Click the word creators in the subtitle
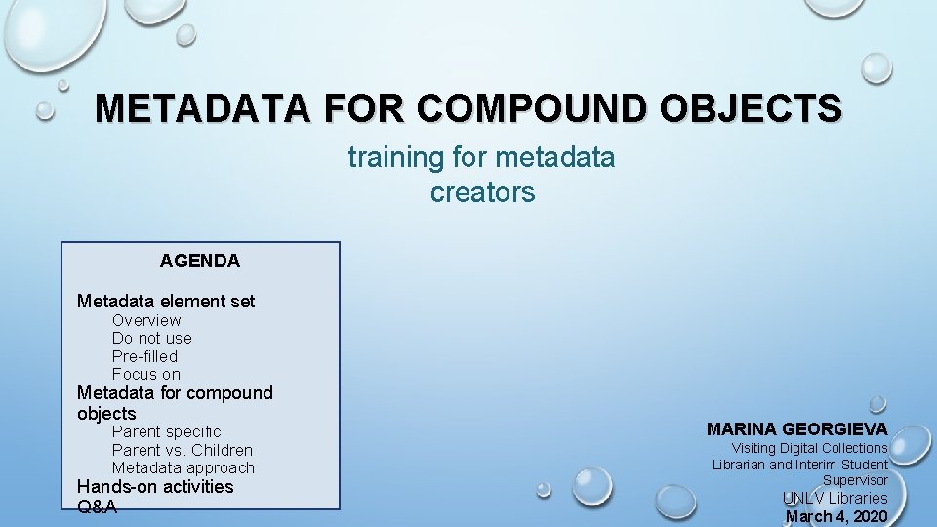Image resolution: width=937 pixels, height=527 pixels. click(x=482, y=193)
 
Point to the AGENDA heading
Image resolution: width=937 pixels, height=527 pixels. click(x=200, y=262)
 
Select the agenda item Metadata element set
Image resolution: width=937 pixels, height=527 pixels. click(x=166, y=302)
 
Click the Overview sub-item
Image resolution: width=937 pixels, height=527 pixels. click(x=146, y=320)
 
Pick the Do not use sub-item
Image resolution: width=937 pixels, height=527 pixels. click(x=152, y=338)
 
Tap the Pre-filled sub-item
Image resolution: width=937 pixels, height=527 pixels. click(x=144, y=356)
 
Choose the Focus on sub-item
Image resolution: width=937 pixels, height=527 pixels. click(x=146, y=374)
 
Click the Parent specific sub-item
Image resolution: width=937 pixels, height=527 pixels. click(x=167, y=431)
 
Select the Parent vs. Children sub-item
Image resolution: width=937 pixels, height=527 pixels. click(x=183, y=450)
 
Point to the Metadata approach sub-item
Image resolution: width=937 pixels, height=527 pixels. click(x=183, y=467)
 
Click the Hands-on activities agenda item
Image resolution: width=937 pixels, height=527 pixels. click(x=155, y=486)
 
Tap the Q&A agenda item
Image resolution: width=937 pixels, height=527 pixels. click(x=97, y=507)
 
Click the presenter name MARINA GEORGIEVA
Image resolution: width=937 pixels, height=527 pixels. click(x=797, y=429)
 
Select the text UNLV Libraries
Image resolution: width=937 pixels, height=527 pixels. click(x=835, y=498)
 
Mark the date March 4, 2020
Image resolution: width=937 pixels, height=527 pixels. click(x=836, y=516)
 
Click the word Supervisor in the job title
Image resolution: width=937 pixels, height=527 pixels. click(x=855, y=480)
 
